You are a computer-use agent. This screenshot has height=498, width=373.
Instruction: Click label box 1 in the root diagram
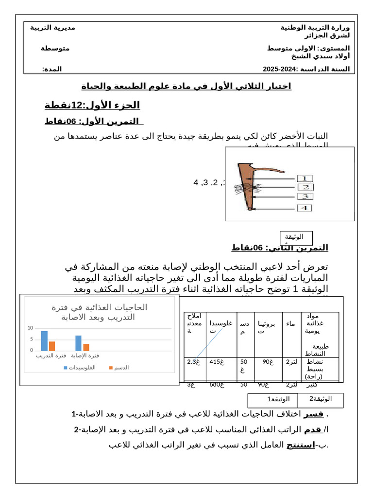(305, 178)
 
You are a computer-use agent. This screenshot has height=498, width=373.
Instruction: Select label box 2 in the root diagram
(305, 187)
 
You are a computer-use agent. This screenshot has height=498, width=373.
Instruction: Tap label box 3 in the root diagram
(305, 196)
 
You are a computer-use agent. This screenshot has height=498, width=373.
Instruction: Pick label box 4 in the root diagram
(305, 208)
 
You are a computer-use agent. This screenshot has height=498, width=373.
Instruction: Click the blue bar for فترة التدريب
(44, 340)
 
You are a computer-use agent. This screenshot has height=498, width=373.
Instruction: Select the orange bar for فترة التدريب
(52, 346)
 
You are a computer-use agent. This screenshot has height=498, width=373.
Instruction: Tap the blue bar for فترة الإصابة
(78, 343)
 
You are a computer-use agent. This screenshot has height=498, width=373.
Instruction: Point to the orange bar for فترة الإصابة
(86, 347)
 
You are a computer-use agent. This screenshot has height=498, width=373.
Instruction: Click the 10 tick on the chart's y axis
(30, 328)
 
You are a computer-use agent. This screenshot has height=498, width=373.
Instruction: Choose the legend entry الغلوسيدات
(80, 368)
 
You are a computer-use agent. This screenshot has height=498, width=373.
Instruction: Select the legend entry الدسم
(119, 368)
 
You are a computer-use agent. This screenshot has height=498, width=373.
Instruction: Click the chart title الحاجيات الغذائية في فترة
(99, 307)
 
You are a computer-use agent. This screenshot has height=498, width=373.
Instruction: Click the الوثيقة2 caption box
(320, 399)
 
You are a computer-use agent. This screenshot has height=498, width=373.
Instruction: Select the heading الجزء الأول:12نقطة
(92, 105)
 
